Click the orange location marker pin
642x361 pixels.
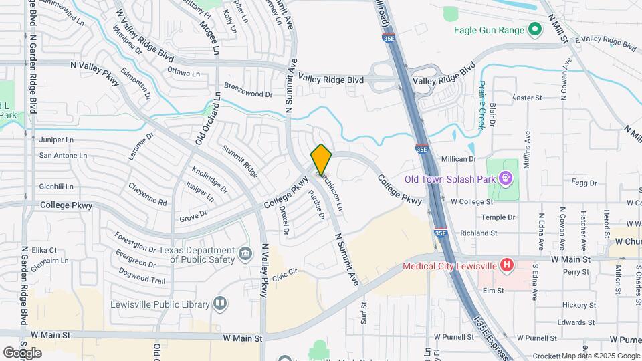322,159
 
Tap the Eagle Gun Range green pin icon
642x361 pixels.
534,29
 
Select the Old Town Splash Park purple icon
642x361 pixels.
506,180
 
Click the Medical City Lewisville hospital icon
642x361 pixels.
507,265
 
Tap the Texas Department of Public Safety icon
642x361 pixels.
245,253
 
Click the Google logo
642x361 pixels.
22,352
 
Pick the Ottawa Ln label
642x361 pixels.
183,71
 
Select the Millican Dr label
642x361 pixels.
458,159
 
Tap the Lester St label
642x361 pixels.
526,98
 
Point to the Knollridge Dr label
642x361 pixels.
208,178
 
